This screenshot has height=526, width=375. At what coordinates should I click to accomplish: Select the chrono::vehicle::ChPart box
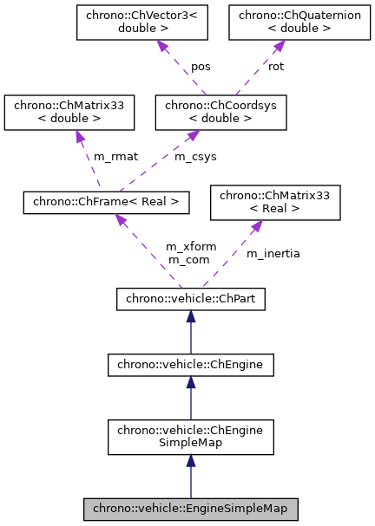(190, 300)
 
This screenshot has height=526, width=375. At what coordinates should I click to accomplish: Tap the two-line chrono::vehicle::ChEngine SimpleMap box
(190, 437)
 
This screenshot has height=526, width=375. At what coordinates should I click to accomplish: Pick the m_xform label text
(187, 247)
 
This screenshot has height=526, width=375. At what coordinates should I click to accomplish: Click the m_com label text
(185, 259)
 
